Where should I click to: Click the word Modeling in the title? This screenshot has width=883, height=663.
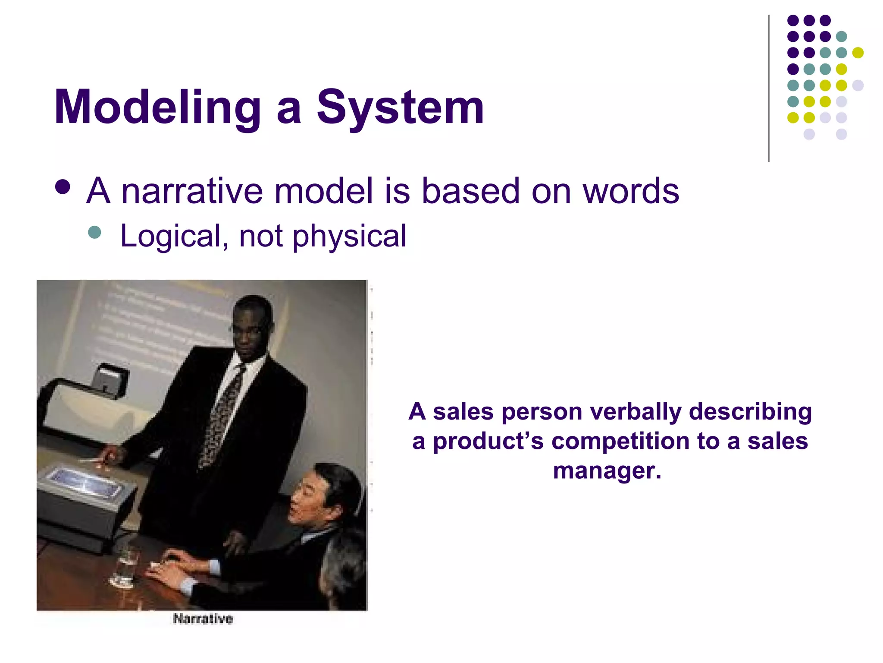coord(157,108)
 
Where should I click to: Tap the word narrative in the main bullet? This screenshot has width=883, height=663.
coord(192,191)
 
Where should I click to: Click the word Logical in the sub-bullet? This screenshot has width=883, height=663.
coord(170,237)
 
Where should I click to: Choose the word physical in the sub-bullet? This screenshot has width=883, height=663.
coord(349,237)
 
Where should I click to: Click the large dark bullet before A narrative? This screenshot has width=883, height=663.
coord(63,187)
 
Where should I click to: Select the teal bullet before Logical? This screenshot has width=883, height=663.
coord(94,233)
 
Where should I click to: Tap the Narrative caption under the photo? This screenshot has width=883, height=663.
coord(203,619)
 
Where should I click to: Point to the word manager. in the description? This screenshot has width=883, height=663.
coord(607,470)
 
